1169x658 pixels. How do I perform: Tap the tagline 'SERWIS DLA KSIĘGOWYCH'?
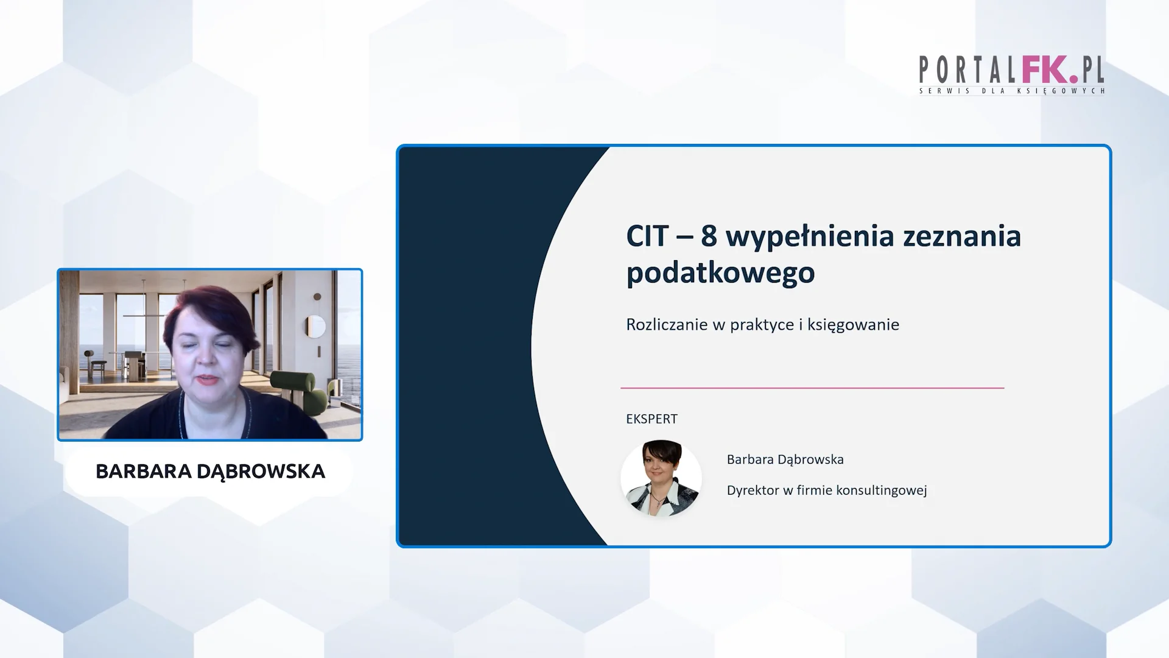[x=1012, y=91]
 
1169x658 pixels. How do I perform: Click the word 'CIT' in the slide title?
[x=647, y=236]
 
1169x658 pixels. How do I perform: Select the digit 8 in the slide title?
[x=709, y=236]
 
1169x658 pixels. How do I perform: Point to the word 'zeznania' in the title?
[x=962, y=236]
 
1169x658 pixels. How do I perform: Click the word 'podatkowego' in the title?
[x=720, y=273]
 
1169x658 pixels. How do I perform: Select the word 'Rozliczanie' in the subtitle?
[x=667, y=324]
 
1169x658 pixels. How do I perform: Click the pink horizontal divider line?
[x=812, y=387]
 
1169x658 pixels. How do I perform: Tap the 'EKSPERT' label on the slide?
[x=651, y=419]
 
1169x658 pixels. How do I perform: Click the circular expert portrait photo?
[x=661, y=478]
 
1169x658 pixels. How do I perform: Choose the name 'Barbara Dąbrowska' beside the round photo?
[x=785, y=459]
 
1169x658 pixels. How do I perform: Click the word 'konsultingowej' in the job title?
[x=881, y=490]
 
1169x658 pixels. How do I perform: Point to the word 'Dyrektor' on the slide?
[x=753, y=490]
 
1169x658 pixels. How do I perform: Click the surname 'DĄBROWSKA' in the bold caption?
[x=261, y=472]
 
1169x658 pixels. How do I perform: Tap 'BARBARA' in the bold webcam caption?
[x=144, y=471]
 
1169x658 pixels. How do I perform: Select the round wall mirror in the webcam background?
[x=315, y=327]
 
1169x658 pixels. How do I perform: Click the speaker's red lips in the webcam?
[x=208, y=380]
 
